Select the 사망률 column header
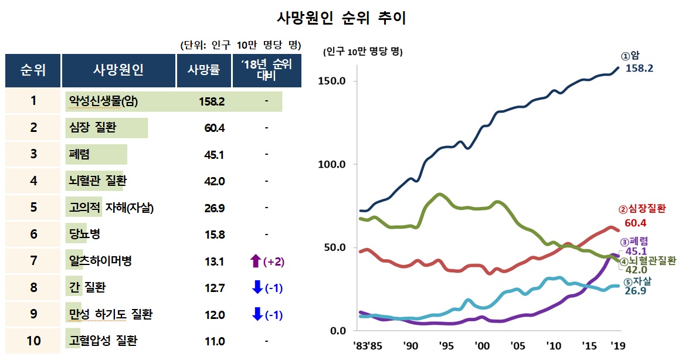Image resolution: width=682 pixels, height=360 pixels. pos(203,70)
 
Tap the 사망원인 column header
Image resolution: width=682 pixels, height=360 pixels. pos(118,70)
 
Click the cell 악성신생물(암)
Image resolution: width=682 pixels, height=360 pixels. pos(103,101)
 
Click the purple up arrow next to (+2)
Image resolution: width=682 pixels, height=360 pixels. pos(256,261)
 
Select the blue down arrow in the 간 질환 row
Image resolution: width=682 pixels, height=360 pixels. pos(256,288)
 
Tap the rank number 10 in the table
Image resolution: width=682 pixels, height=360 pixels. pos(33,341)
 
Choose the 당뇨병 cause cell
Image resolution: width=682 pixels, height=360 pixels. pos(84,235)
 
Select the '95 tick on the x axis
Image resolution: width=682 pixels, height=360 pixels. pos(445,345)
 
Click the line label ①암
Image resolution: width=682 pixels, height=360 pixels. pos(630,56)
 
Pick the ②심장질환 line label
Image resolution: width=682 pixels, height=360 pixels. pos(642,209)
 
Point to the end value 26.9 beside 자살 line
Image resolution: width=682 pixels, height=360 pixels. pos(636,291)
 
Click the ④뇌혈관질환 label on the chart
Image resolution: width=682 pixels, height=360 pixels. pos(648,260)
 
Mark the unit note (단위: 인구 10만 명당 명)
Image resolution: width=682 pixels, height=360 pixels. pos(240,45)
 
